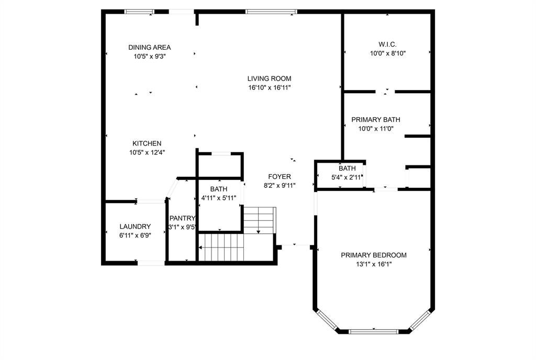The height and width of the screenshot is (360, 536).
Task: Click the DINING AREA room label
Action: point(149,48)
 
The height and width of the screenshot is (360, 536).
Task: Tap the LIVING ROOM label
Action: point(270,78)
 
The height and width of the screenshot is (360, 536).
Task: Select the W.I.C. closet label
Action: point(388,44)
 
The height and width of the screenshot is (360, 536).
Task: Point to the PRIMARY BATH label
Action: point(376,119)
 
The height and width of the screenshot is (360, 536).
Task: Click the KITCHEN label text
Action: point(147,143)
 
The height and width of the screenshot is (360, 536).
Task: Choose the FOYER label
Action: point(280,176)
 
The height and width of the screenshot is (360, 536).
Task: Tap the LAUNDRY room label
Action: point(135,227)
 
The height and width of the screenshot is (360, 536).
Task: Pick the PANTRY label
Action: point(182,218)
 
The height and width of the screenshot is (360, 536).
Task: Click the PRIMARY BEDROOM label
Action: point(374,255)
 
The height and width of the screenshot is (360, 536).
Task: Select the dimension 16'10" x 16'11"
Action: point(270,87)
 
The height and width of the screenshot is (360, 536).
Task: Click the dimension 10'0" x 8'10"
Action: point(388,53)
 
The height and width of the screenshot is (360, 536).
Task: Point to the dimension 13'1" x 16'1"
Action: point(374,264)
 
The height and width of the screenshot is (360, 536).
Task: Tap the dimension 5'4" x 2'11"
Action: point(347,177)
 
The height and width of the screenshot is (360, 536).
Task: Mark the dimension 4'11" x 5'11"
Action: point(219,198)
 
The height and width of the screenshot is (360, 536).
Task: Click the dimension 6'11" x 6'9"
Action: point(135,235)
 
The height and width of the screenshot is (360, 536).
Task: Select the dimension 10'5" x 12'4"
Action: point(147,152)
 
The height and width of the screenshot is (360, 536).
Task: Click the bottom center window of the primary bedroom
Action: point(374,331)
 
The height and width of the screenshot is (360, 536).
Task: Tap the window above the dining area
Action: point(139,12)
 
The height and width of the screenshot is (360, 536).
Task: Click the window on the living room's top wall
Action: point(271,12)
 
